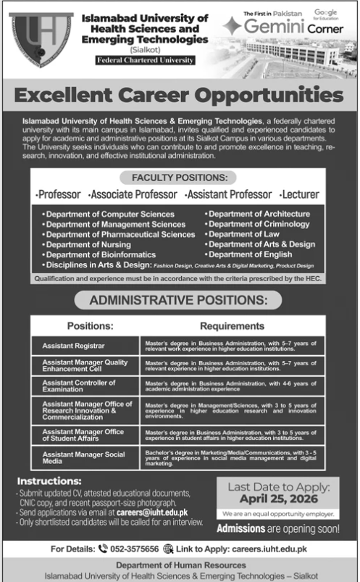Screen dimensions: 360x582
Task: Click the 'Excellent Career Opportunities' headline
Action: pos(179,94)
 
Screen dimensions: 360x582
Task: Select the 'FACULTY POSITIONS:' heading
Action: pos(179,178)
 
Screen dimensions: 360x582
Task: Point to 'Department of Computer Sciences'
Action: pos(109,215)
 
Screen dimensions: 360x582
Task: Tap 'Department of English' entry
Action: pos(249,255)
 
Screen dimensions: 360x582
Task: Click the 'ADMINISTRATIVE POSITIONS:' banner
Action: pos(179,299)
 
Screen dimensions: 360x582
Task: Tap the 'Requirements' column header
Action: pos(233,326)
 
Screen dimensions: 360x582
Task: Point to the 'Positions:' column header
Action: pos(90,326)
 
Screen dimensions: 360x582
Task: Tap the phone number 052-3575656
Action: pos(135,549)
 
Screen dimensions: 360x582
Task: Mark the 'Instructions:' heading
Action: pos(49,481)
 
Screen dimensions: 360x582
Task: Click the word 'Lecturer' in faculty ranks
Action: pos(300,195)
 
